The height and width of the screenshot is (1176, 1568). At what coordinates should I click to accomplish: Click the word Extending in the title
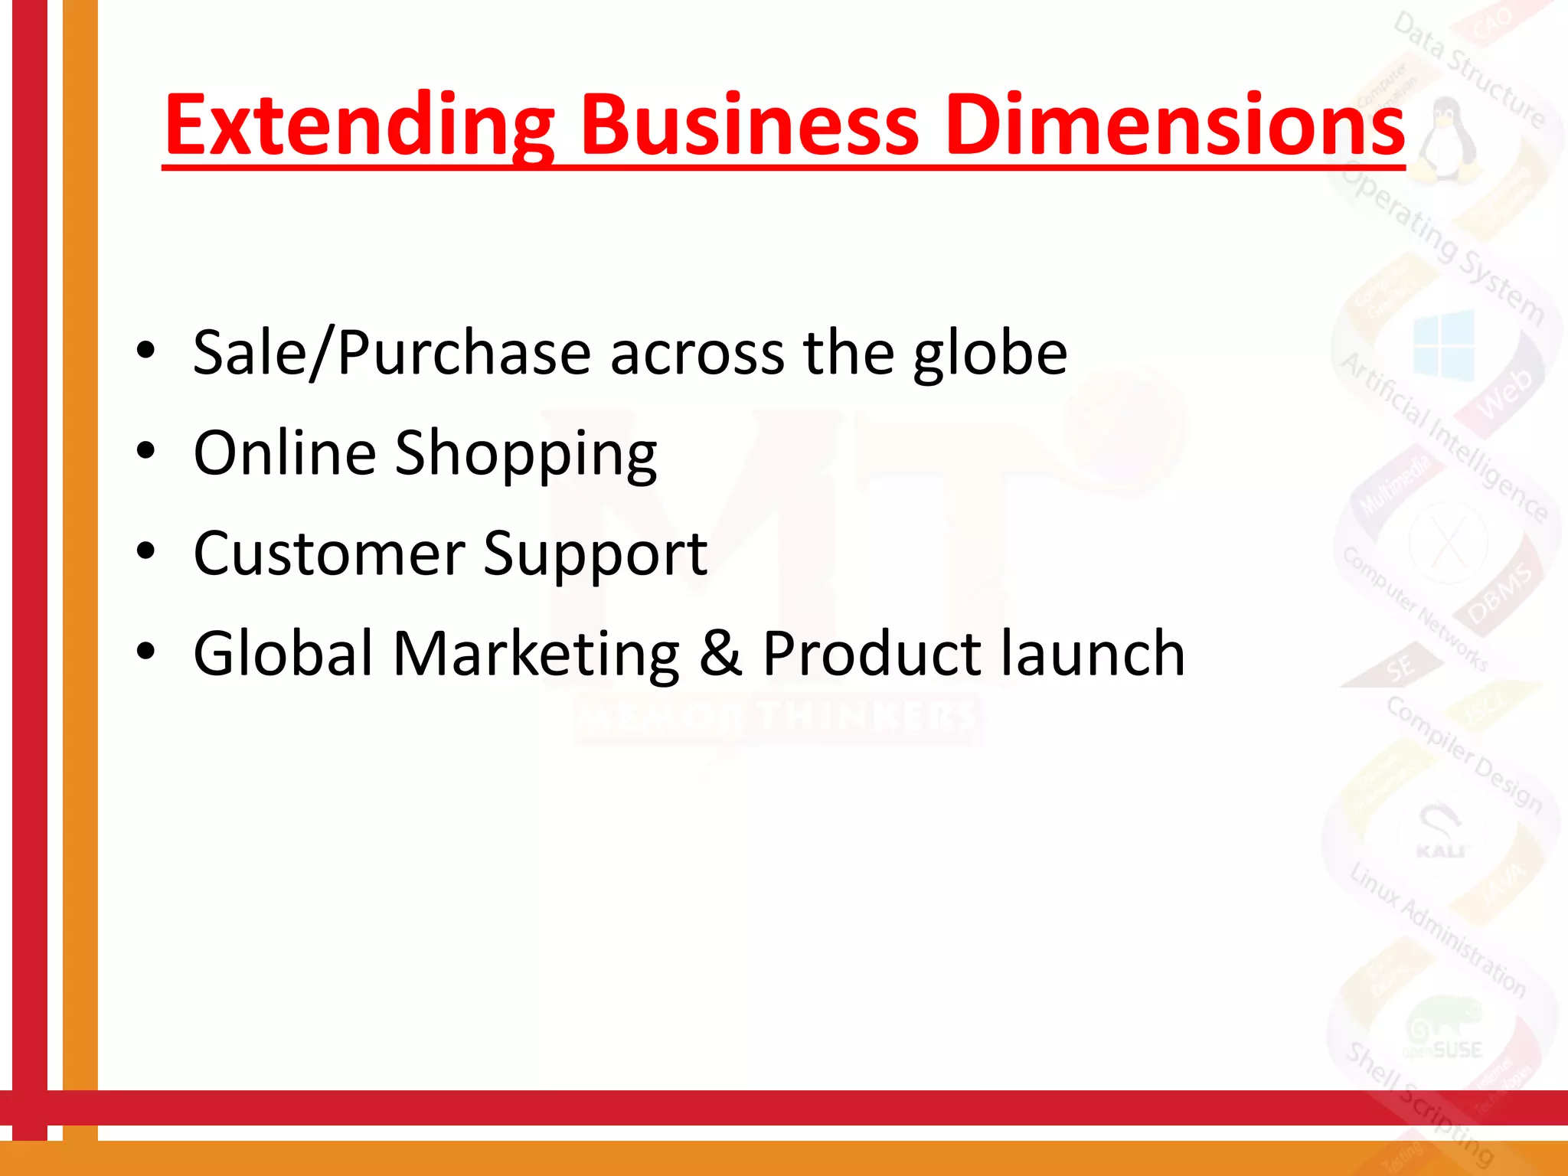click(358, 125)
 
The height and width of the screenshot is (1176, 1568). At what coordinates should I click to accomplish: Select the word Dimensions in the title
click(1174, 125)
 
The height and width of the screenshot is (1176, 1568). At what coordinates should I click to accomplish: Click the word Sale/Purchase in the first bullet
click(391, 353)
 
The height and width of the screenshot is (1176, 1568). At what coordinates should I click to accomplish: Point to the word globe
click(989, 353)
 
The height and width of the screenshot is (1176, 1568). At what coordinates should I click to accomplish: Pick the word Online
click(284, 452)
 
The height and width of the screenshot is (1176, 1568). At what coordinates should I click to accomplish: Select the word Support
click(595, 554)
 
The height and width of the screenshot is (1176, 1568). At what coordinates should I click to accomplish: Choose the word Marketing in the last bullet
click(535, 654)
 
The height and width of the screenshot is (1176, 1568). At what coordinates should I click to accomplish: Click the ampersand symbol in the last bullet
click(720, 653)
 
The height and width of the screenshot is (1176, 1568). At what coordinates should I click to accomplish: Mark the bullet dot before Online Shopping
click(145, 451)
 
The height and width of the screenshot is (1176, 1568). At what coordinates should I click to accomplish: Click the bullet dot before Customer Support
click(145, 550)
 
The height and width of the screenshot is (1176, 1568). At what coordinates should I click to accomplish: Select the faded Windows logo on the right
click(1444, 345)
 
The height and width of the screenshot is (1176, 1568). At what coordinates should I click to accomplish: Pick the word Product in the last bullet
click(872, 653)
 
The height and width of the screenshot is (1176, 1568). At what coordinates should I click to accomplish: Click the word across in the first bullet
click(697, 353)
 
